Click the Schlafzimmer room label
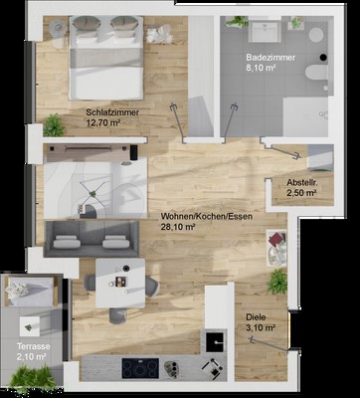[x=112, y=112]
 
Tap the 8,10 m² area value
[x=262, y=68]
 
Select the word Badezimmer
[x=270, y=58]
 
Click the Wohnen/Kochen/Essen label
[x=207, y=217]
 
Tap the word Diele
[x=256, y=317]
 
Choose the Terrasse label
[x=34, y=346]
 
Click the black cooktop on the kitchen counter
[x=140, y=368]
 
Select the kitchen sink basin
[x=215, y=341]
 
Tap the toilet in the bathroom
[x=316, y=73]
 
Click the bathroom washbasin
[x=265, y=30]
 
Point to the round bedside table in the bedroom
[x=58, y=28]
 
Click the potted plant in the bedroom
[x=53, y=125]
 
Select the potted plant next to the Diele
[x=277, y=282]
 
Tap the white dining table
[x=120, y=284]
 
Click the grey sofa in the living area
[x=91, y=239]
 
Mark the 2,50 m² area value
[x=301, y=193]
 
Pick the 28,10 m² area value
[x=177, y=227]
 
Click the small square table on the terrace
[x=29, y=326]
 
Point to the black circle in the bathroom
[x=323, y=58]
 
